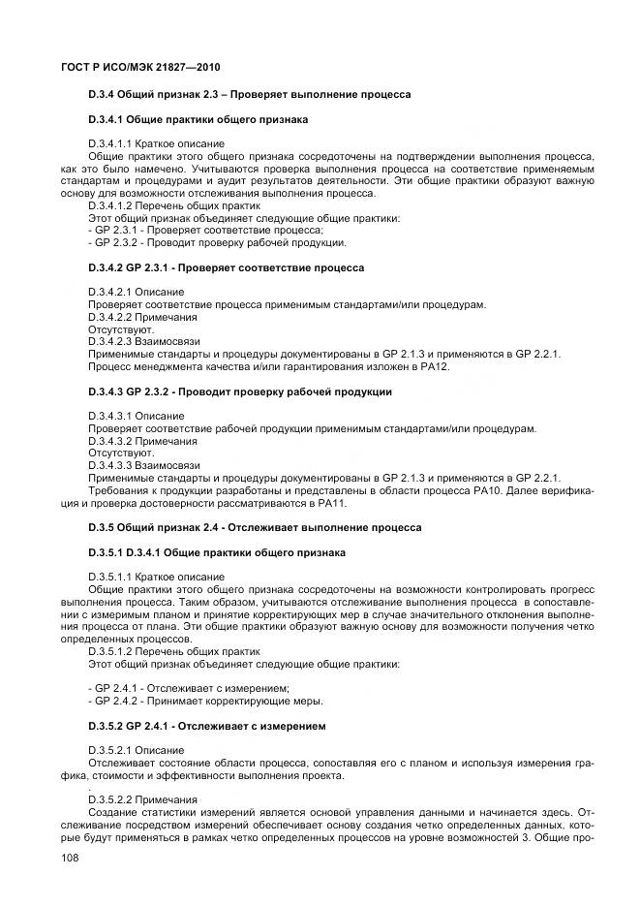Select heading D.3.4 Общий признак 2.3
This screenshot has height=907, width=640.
[x=249, y=94]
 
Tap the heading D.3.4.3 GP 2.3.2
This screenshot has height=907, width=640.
[x=239, y=391]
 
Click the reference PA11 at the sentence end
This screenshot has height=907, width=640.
[x=331, y=503]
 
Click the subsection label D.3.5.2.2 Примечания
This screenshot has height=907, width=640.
[x=142, y=799]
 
